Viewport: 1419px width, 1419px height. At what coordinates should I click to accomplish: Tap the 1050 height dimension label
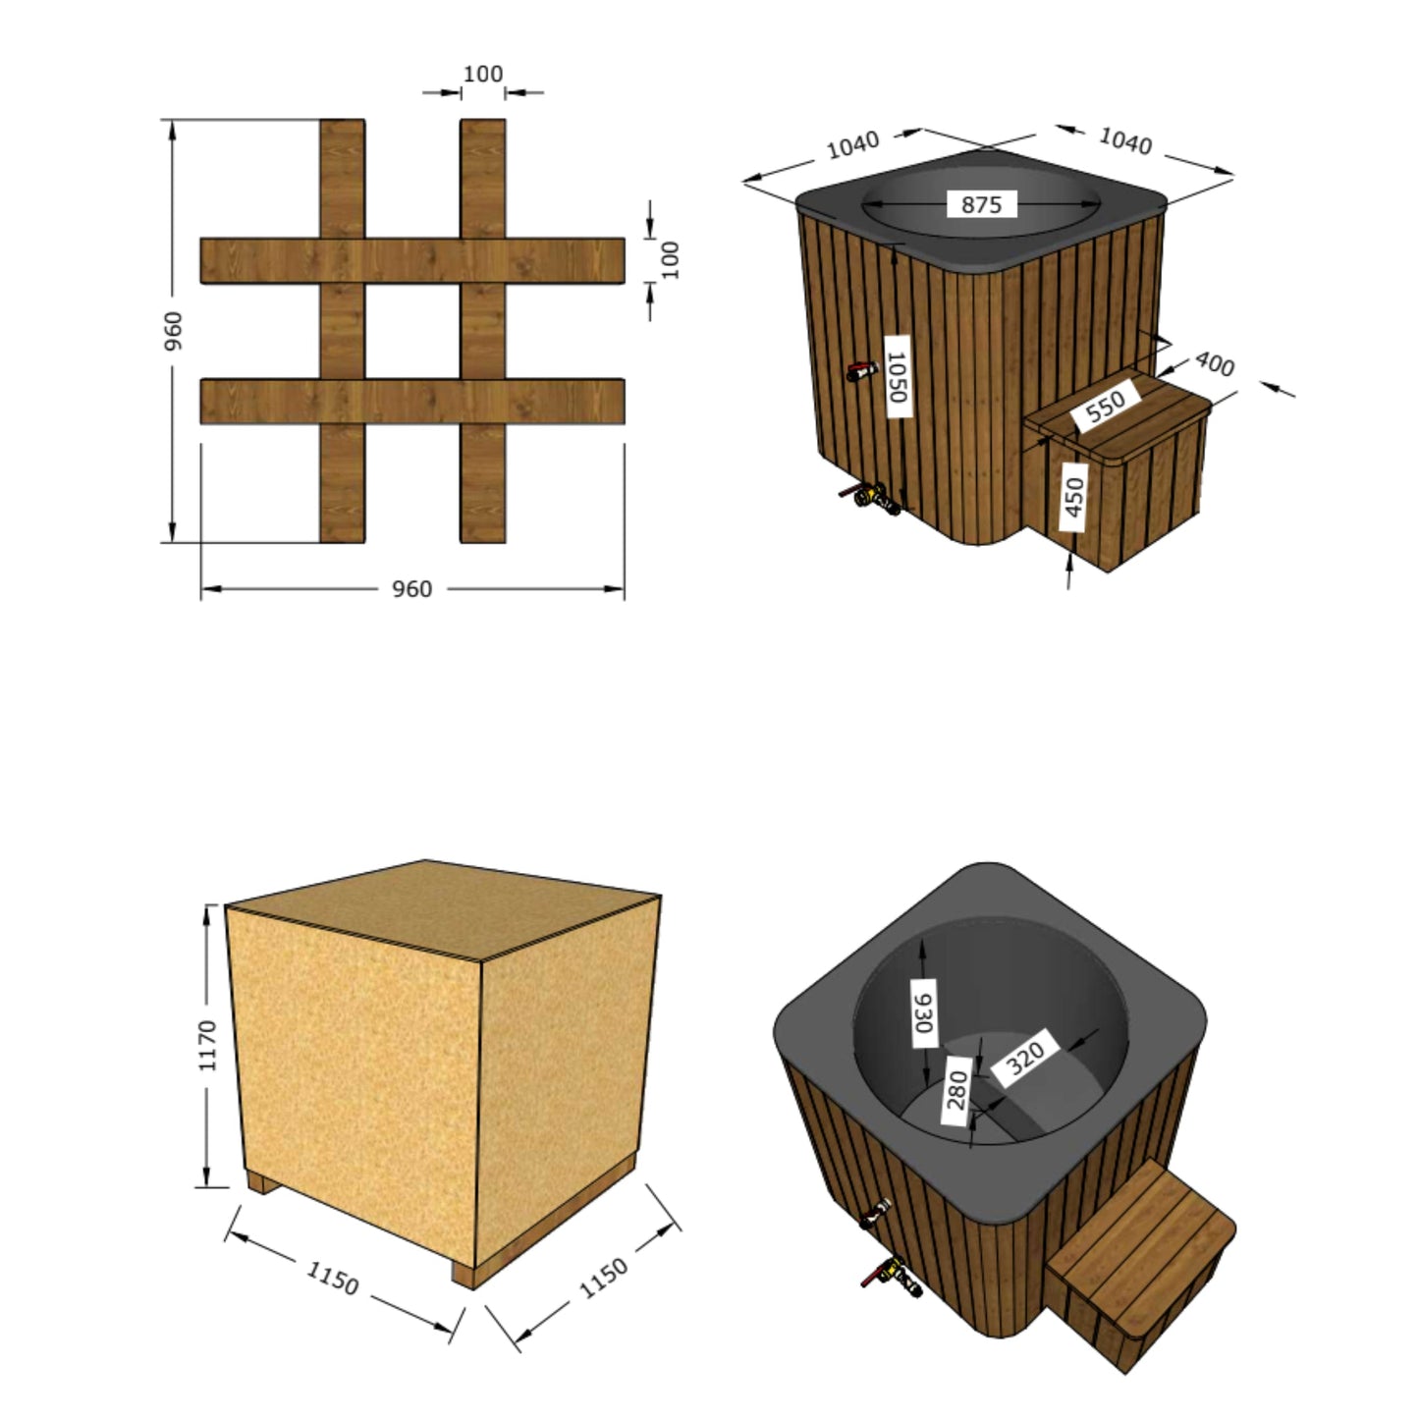[897, 376]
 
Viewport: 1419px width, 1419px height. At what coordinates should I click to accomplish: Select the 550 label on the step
[1107, 405]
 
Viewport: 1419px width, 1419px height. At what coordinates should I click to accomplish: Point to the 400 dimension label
[1214, 364]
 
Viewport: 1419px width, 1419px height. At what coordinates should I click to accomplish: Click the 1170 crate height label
[208, 1044]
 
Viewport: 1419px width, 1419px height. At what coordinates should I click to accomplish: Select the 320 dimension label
[1025, 1057]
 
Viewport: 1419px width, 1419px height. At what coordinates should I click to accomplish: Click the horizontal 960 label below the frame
[411, 589]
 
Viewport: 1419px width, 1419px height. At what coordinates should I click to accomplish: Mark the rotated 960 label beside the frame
[173, 331]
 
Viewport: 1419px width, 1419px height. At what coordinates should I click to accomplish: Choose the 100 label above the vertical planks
[482, 75]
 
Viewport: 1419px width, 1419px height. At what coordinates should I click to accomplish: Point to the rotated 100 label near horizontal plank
[671, 260]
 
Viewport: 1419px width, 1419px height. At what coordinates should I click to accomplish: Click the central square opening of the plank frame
[412, 332]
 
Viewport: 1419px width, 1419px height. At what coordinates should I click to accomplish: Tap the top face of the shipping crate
[442, 908]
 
